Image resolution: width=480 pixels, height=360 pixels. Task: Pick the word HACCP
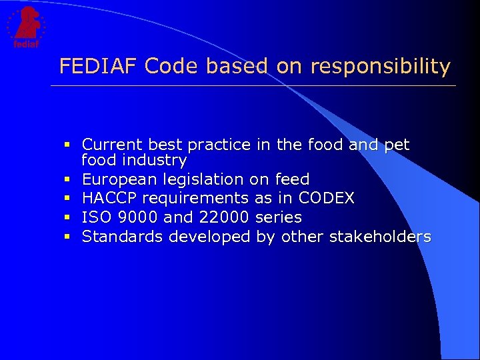click(x=109, y=198)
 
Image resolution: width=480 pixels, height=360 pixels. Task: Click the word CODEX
click(x=327, y=198)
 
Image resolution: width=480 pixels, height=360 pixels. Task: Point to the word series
click(x=279, y=217)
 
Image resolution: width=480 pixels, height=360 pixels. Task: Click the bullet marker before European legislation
click(x=68, y=179)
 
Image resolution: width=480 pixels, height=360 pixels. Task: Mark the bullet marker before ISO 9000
click(x=68, y=217)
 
